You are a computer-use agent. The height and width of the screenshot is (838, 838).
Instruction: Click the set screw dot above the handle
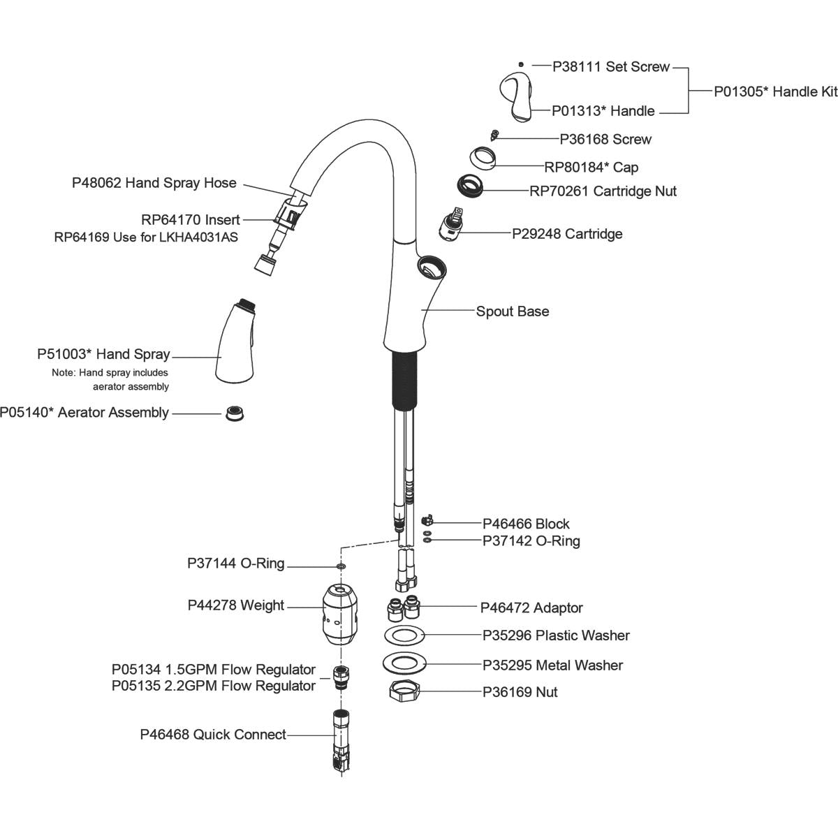pyautogui.click(x=521, y=64)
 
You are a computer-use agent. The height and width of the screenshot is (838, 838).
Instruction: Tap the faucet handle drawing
pyautogui.click(x=516, y=96)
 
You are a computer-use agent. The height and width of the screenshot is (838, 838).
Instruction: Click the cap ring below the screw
pyautogui.click(x=483, y=159)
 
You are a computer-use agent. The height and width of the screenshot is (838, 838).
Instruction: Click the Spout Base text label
pyautogui.click(x=512, y=311)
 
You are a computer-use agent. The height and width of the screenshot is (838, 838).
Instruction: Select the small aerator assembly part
pyautogui.click(x=234, y=413)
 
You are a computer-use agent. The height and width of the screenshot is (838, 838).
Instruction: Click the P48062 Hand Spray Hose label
pyautogui.click(x=154, y=183)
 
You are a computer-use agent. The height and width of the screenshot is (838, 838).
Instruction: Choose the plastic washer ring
pyautogui.click(x=404, y=635)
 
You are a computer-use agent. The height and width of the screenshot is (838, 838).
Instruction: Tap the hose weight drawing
pyautogui.click(x=340, y=615)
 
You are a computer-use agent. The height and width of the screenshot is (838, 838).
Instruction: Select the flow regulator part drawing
pyautogui.click(x=341, y=677)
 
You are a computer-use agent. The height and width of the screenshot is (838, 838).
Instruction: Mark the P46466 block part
pyautogui.click(x=427, y=520)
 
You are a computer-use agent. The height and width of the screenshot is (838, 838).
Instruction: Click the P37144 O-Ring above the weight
pyautogui.click(x=341, y=565)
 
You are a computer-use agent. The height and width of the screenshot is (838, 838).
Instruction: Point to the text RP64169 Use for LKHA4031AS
pyautogui.click(x=146, y=237)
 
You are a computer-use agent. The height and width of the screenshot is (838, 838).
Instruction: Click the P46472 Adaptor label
pyautogui.click(x=531, y=608)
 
